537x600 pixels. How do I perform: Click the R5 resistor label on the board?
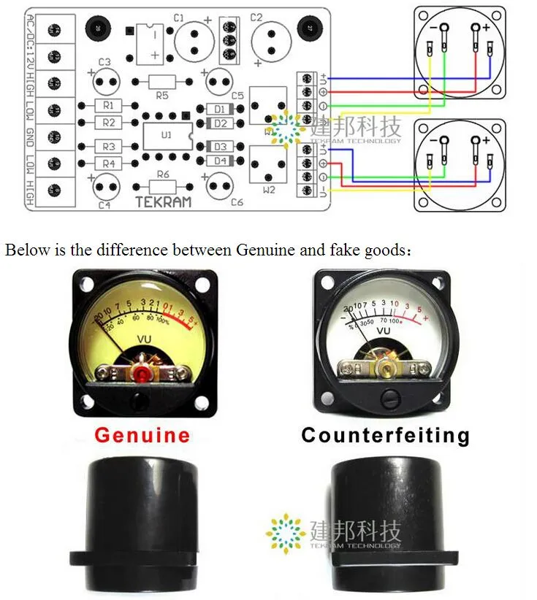[x=162, y=95]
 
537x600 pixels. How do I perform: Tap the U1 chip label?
[x=167, y=135]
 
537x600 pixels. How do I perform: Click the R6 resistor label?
[x=162, y=174]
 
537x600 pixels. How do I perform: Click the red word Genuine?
[x=142, y=436]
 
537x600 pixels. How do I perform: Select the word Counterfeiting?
[x=385, y=436]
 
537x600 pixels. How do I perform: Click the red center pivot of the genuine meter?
[x=140, y=374]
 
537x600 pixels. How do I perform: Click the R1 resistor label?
[x=108, y=106]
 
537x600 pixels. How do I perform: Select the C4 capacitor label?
[x=104, y=205]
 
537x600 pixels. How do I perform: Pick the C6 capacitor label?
[x=236, y=202]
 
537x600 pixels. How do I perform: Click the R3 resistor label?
[x=108, y=146]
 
